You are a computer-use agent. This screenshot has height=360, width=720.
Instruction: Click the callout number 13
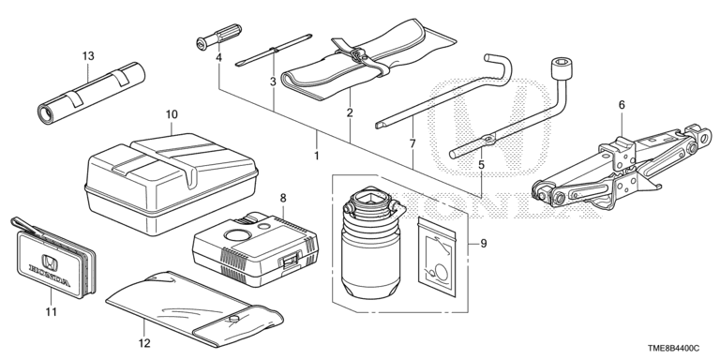click(x=88, y=56)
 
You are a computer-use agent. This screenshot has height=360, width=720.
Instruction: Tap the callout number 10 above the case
click(x=172, y=114)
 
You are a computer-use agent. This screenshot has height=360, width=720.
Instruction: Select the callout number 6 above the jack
click(x=622, y=105)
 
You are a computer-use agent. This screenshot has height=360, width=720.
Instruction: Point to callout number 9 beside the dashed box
click(x=484, y=244)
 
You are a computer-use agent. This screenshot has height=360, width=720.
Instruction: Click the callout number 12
click(x=144, y=342)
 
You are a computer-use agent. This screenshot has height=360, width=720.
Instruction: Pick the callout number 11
click(x=52, y=312)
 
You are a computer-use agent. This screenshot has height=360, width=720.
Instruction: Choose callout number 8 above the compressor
click(x=283, y=198)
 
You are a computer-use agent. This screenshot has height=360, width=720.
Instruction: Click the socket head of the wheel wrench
click(x=561, y=68)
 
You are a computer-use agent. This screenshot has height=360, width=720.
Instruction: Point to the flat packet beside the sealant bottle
click(x=437, y=257)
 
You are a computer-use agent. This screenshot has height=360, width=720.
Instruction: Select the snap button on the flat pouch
click(x=234, y=318)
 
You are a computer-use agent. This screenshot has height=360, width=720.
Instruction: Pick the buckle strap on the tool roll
click(x=358, y=54)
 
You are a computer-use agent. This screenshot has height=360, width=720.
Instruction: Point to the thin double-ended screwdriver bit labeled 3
click(x=274, y=50)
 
